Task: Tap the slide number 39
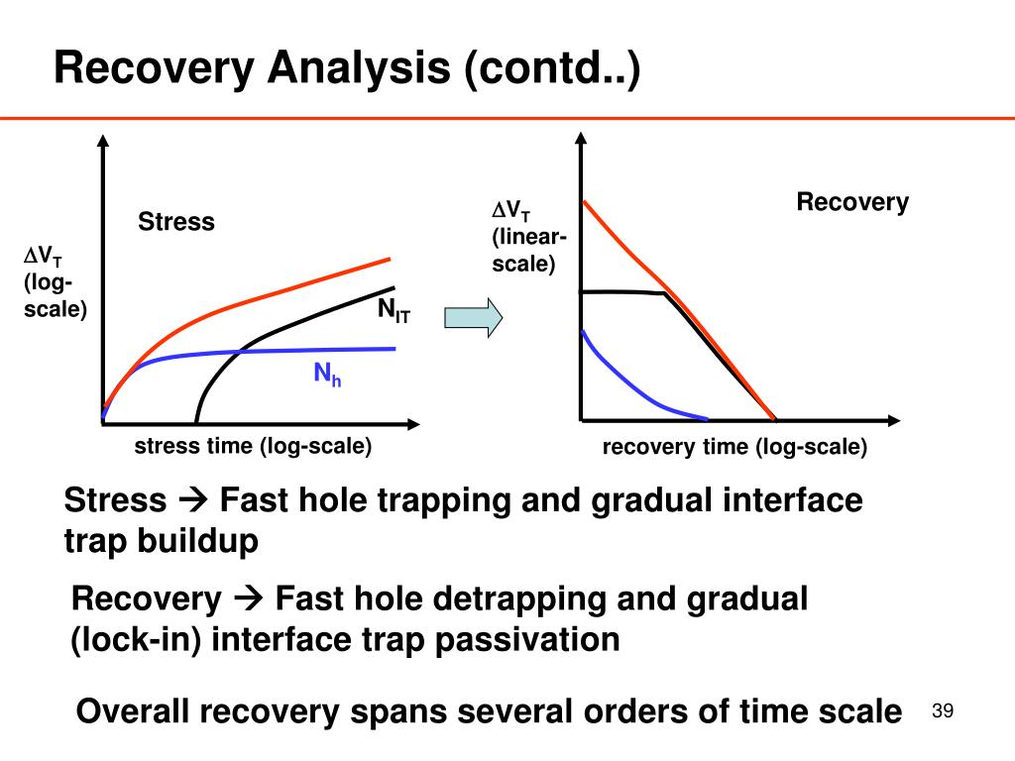(x=943, y=711)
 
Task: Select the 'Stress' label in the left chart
(x=175, y=222)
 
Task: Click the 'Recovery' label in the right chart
(x=852, y=203)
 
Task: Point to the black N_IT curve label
(x=394, y=311)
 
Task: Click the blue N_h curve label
(x=327, y=375)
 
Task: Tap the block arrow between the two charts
(x=473, y=317)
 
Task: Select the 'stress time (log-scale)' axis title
(x=253, y=447)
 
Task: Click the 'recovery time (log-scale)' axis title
(x=734, y=448)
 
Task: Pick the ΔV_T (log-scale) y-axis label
(x=56, y=283)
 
